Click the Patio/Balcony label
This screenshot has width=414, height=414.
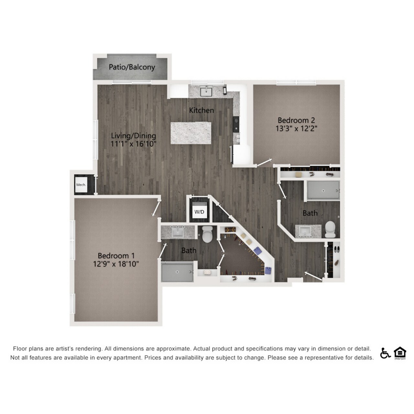[x=132, y=67]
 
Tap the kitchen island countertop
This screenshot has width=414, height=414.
[x=191, y=133]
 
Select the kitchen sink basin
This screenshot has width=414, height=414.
[x=206, y=92]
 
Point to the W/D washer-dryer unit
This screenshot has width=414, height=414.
[x=199, y=210]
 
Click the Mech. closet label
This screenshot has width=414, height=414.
[x=81, y=185]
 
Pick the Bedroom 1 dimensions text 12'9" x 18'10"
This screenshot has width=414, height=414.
[x=116, y=264]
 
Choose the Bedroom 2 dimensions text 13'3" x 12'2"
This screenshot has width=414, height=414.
[x=296, y=128]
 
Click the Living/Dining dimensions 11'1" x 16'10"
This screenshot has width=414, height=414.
[x=133, y=144]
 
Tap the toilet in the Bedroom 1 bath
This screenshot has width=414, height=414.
[x=207, y=234]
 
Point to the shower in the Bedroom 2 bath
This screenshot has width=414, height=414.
[x=323, y=190]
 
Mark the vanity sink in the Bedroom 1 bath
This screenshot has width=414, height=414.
[x=178, y=232]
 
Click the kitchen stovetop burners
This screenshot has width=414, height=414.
[x=236, y=125]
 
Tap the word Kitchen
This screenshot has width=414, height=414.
[x=202, y=110]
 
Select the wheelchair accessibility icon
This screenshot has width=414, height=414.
[x=385, y=353]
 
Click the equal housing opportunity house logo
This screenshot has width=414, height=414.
[x=400, y=353]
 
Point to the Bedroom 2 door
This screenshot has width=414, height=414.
[x=264, y=162]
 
